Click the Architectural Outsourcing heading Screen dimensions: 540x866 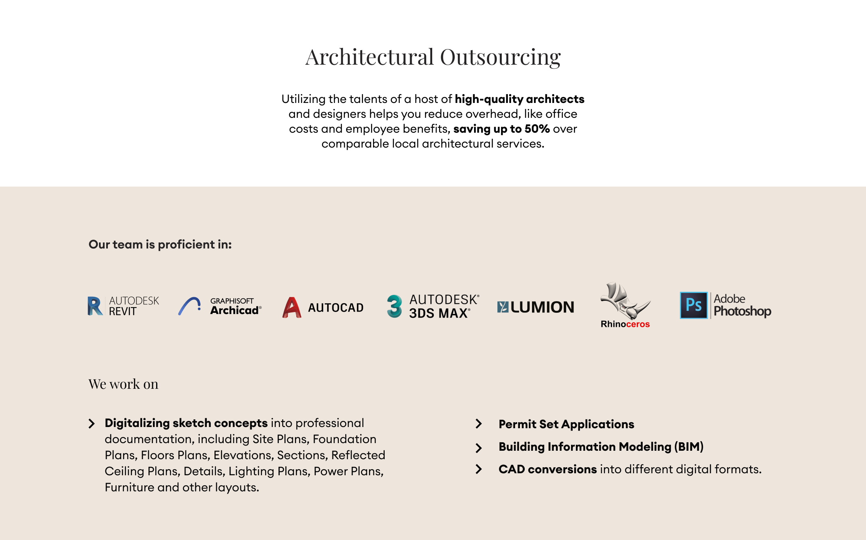point(433,57)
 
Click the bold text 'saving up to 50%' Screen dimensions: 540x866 point(501,129)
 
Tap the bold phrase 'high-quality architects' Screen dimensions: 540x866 point(520,99)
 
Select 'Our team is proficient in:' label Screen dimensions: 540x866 point(160,244)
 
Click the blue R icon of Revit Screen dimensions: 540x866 point(95,306)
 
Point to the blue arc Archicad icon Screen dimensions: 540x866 point(190,306)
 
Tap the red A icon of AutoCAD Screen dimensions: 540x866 point(292,308)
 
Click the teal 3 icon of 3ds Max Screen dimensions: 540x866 point(394,306)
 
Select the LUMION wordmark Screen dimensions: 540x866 point(542,307)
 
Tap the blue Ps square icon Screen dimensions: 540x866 point(693,305)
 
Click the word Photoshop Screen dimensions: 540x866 point(742,311)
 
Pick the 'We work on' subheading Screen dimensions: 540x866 point(124,384)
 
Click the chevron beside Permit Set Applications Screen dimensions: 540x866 point(478,424)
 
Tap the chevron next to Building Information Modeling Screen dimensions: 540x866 point(478,448)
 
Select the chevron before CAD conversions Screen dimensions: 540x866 point(478,469)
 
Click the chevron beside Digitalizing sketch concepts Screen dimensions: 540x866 point(92,423)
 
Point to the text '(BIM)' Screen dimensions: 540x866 point(689,447)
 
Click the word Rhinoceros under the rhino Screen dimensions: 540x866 point(625,324)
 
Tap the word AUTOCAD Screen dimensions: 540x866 point(336,308)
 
